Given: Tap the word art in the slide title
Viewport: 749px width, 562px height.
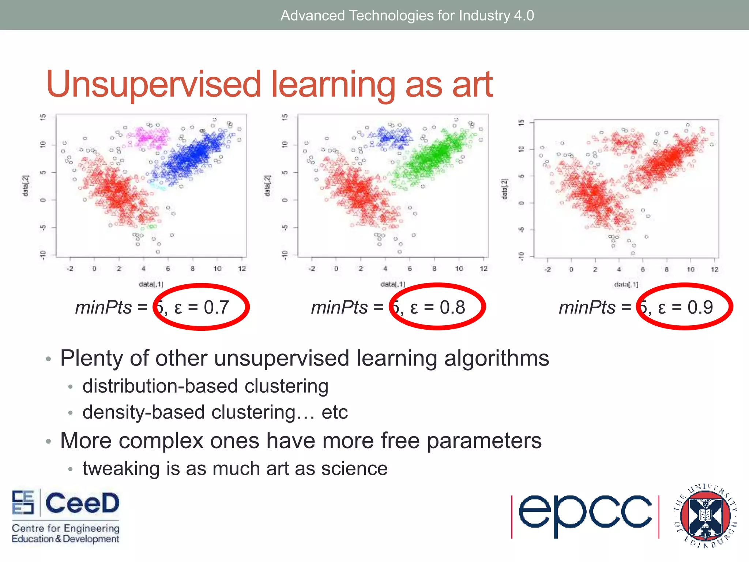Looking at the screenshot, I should [472, 85].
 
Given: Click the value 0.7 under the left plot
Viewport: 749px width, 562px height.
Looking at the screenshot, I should [217, 307].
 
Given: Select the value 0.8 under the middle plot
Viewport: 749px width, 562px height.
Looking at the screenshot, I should [452, 307].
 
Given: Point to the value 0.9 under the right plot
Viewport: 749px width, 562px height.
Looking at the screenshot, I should [700, 307].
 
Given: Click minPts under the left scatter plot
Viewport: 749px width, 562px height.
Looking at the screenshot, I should [103, 307].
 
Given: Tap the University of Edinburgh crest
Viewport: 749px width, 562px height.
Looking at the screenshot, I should [705, 516].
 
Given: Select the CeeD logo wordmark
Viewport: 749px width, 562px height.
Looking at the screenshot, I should [82, 503].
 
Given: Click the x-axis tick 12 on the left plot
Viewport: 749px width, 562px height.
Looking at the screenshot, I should [242, 269].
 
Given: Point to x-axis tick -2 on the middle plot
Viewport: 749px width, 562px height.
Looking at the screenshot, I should [312, 269].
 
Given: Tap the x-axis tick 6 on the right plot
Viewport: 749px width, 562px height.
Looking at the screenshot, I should [643, 270].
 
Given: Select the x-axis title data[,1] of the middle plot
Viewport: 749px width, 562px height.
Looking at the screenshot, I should [392, 284].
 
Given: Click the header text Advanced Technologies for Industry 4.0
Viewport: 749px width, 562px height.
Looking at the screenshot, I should [407, 15].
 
